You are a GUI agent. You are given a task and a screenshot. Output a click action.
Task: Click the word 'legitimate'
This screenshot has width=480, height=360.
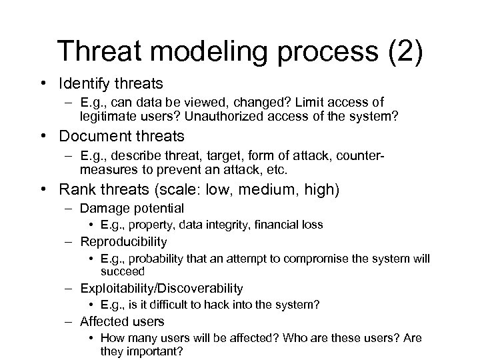109,116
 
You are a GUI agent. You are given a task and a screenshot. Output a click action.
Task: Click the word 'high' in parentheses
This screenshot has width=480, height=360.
321,190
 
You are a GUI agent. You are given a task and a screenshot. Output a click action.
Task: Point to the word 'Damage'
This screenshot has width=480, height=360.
102,209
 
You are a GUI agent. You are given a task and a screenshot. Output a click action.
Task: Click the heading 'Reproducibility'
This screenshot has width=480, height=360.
123,241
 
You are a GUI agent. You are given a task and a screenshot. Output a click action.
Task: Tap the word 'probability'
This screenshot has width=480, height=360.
154,258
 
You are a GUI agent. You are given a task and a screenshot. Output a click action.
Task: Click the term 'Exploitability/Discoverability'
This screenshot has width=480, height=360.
161,288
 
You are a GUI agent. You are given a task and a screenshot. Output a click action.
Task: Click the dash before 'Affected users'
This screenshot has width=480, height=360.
69,321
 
